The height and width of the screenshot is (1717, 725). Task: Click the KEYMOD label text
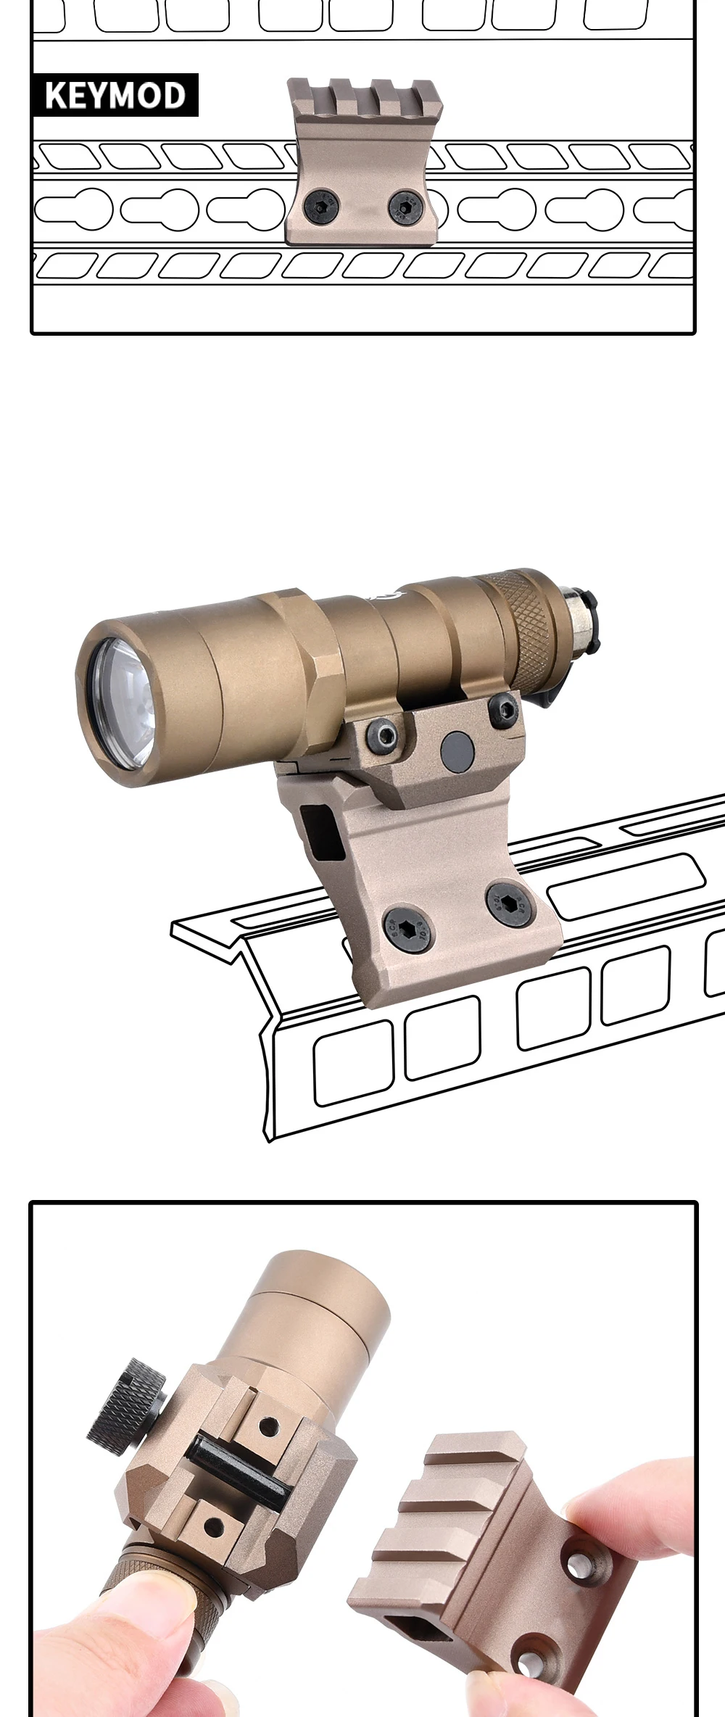pos(115,96)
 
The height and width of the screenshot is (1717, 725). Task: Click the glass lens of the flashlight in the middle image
pos(120,703)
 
